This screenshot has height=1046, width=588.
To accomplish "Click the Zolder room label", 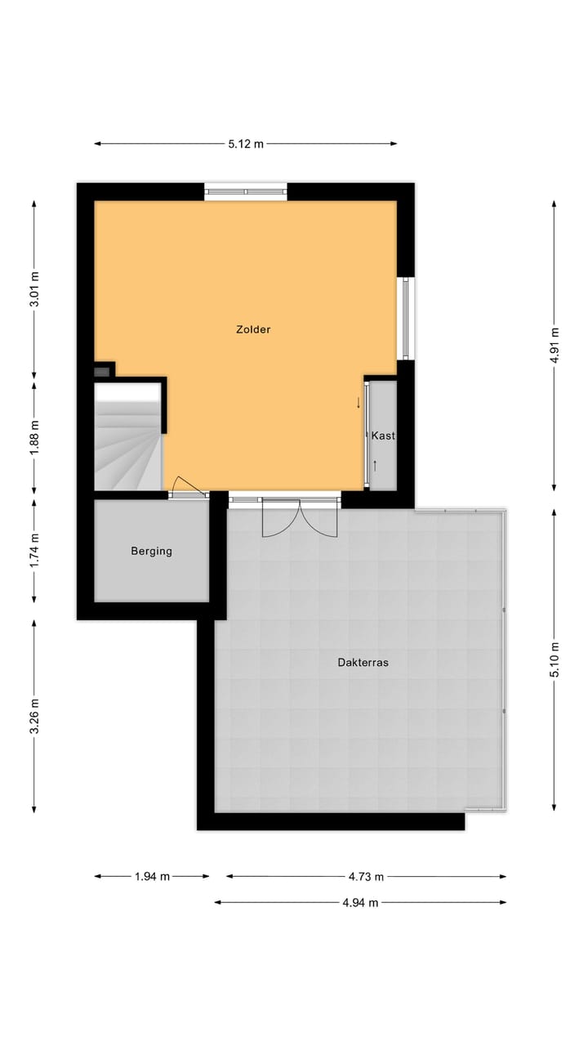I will tap(252, 329).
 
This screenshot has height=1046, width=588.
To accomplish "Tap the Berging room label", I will tap(151, 551).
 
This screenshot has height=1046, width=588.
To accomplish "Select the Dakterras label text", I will tap(363, 663).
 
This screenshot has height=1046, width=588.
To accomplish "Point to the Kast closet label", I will tap(382, 436).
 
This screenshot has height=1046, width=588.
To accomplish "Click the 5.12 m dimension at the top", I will tap(246, 144).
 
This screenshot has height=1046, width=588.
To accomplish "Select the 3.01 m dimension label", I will tap(34, 288).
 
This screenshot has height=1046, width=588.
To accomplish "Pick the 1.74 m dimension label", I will tap(34, 551).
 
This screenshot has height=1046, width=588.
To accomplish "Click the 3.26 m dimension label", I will tap(34, 715).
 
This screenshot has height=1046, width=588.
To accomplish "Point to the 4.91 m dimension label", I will tap(555, 344).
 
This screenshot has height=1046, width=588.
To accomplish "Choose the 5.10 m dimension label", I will tap(555, 659).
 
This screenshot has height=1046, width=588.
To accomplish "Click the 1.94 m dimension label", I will tap(152, 877).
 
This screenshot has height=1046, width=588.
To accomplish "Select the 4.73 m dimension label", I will tap(366, 877).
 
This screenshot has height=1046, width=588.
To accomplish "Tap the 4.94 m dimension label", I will tap(360, 903).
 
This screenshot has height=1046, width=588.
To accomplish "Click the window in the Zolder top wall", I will tap(246, 192).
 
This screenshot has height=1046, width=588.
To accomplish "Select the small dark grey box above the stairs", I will tap(102, 372).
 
